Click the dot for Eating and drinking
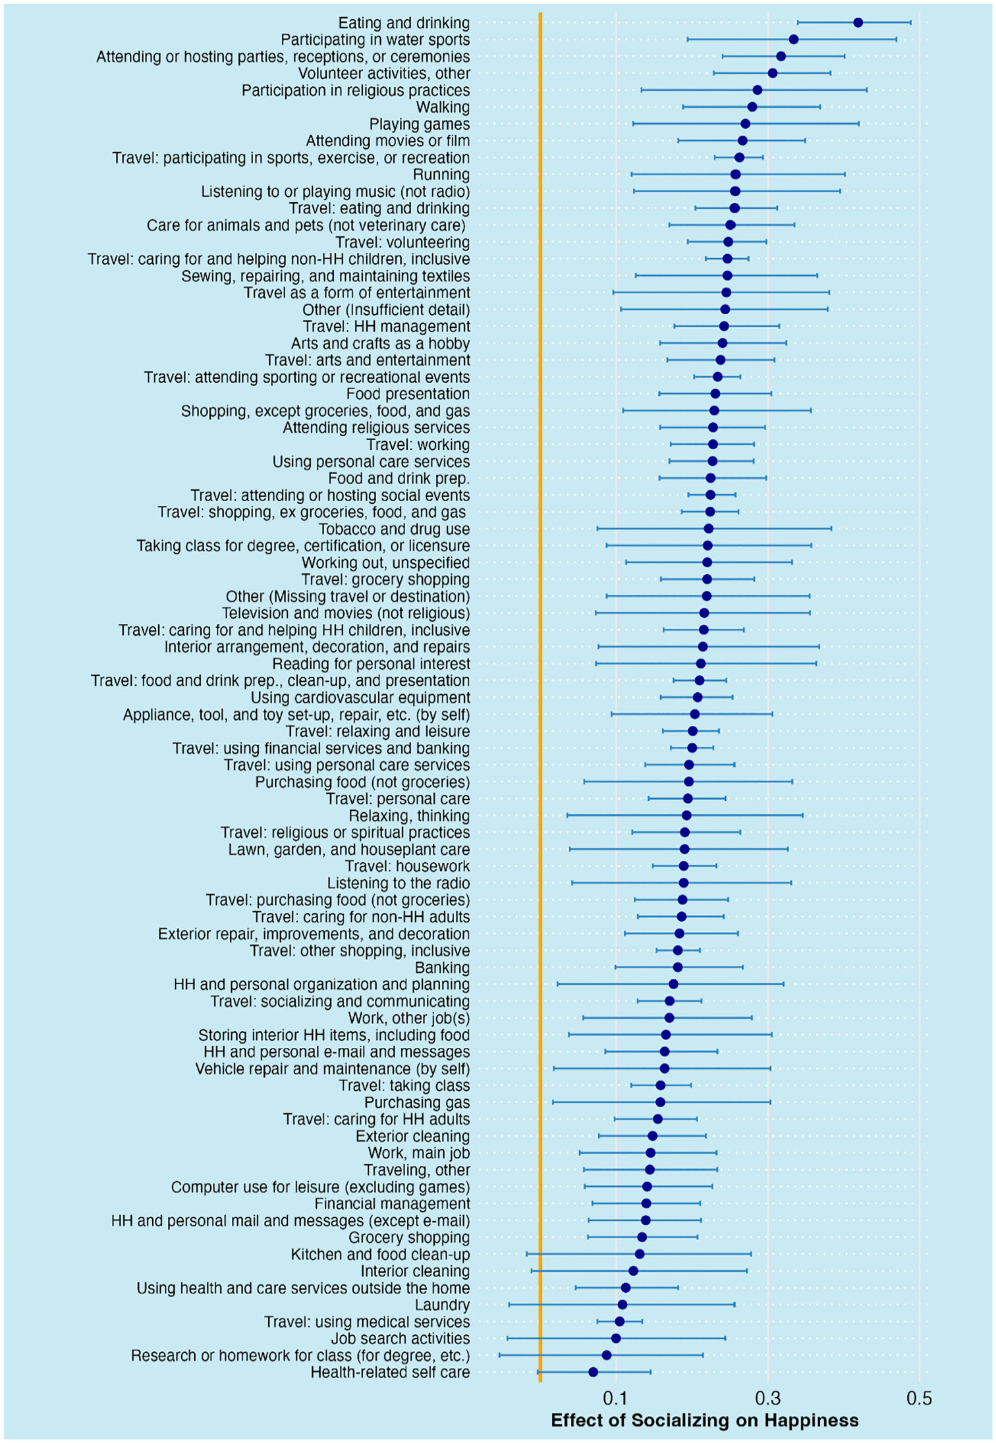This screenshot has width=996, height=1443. pyautogui.click(x=858, y=22)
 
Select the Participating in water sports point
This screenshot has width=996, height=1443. pyautogui.click(x=793, y=40)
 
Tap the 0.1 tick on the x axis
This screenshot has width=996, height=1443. pyautogui.click(x=616, y=1398)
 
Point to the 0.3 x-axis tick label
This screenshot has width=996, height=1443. pyautogui.click(x=767, y=1398)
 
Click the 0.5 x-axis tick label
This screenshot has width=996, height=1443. pyautogui.click(x=919, y=1398)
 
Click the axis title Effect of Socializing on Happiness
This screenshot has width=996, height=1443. pyautogui.click(x=704, y=1420)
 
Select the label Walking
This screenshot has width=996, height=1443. pyautogui.click(x=443, y=107)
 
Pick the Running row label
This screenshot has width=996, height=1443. pyautogui.click(x=441, y=175)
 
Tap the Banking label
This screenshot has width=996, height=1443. pyautogui.click(x=442, y=967)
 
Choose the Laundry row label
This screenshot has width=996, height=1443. pyautogui.click(x=442, y=1305)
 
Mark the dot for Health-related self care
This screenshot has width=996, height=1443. pyautogui.click(x=593, y=1372)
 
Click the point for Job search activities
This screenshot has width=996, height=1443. pyautogui.click(x=616, y=1338)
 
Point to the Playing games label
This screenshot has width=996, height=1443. pyautogui.click(x=419, y=124)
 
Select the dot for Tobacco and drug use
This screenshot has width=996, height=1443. pyautogui.click(x=708, y=528)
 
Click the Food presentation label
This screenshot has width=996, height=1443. pyautogui.click(x=408, y=394)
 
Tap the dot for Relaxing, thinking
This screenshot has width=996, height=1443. pyautogui.click(x=686, y=815)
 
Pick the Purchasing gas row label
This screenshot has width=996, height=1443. pyautogui.click(x=417, y=1103)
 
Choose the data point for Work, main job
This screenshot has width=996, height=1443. pyautogui.click(x=650, y=1153)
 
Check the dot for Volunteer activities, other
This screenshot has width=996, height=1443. pyautogui.click(x=772, y=73)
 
